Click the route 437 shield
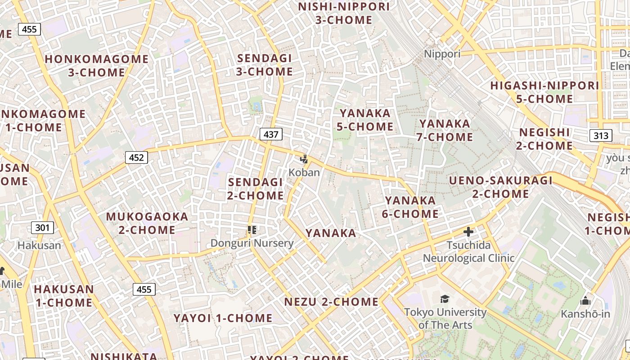271,134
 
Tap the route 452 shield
136,157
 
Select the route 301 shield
42,228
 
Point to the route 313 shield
600,135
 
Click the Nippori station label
442,54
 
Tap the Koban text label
304,172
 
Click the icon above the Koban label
305,159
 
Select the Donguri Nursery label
252,243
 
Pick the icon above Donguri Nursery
252,230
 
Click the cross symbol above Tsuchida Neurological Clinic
468,232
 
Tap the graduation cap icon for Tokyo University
445,299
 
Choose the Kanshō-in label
585,314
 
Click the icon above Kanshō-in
585,301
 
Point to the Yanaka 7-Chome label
445,130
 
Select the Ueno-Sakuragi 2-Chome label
501,187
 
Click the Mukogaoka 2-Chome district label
147,223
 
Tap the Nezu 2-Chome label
331,301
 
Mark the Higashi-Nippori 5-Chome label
544,92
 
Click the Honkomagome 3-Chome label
97,66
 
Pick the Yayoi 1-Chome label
223,318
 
